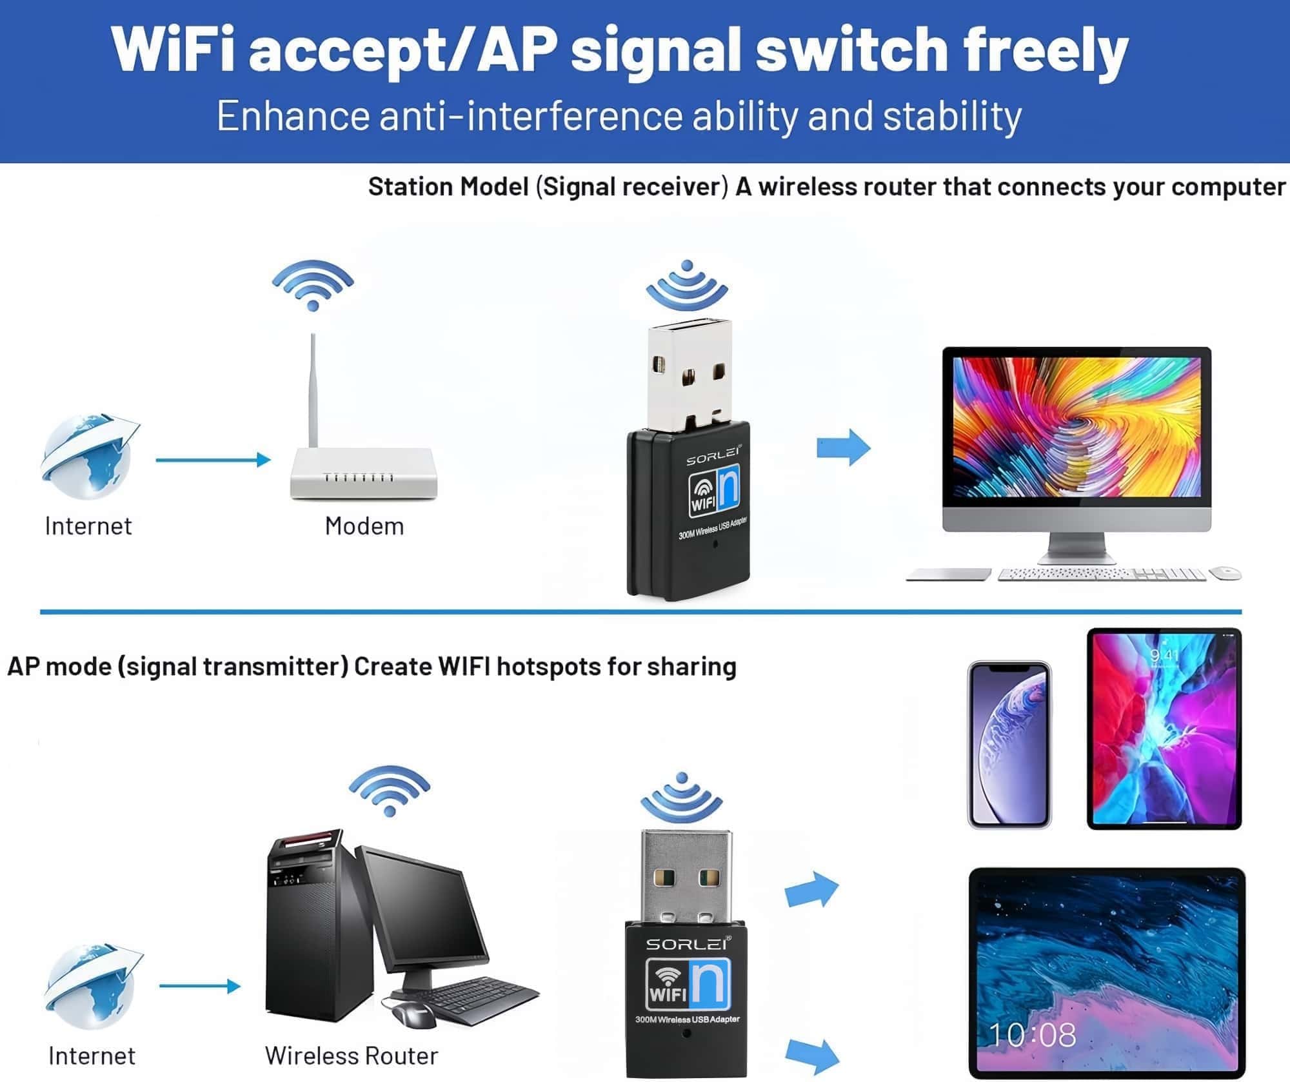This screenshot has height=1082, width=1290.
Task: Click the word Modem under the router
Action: (364, 526)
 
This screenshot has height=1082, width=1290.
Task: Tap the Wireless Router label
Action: (352, 1056)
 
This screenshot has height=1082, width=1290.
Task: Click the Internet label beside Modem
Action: (88, 526)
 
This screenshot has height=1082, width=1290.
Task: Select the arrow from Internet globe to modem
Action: (213, 460)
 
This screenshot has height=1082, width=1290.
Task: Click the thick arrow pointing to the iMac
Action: (844, 447)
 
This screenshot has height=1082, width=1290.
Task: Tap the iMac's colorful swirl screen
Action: (1077, 427)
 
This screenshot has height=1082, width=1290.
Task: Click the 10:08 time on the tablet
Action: (1032, 1036)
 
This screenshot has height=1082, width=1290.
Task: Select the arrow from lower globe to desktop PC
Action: (200, 986)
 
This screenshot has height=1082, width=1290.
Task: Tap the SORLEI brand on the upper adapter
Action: (712, 458)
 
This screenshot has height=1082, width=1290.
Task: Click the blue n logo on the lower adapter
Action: (712, 984)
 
